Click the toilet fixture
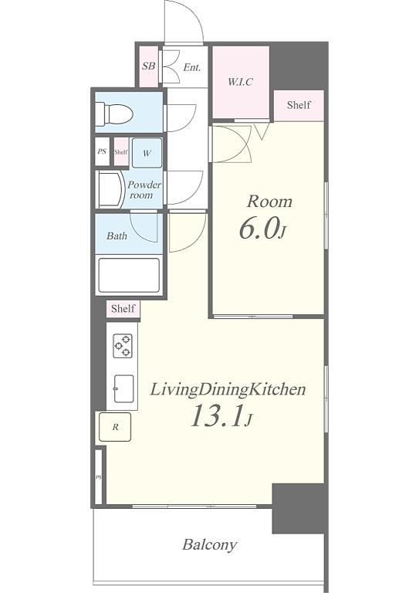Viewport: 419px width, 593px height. pyautogui.click(x=113, y=114)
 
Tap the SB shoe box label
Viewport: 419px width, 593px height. pyautogui.click(x=148, y=66)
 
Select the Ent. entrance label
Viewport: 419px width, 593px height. pyautogui.click(x=192, y=68)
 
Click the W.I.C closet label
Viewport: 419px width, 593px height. pyautogui.click(x=240, y=82)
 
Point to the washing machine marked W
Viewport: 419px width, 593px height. pyautogui.click(x=147, y=153)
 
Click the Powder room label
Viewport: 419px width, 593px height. pyautogui.click(x=144, y=190)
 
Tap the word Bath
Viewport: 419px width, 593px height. pyautogui.click(x=117, y=236)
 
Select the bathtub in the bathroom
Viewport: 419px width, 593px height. pyautogui.click(x=129, y=275)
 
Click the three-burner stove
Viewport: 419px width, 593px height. pyautogui.click(x=123, y=346)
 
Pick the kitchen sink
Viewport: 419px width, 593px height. pyautogui.click(x=123, y=389)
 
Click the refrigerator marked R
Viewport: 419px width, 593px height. pyautogui.click(x=115, y=427)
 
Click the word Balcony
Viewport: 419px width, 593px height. pyautogui.click(x=210, y=545)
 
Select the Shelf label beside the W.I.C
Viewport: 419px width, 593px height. pyautogui.click(x=299, y=105)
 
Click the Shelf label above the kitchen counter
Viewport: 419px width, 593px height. pyautogui.click(x=123, y=309)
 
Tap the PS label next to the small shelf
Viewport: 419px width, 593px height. pyautogui.click(x=102, y=151)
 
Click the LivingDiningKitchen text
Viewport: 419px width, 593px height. pyautogui.click(x=228, y=389)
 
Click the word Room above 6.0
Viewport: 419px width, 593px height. pyautogui.click(x=269, y=202)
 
